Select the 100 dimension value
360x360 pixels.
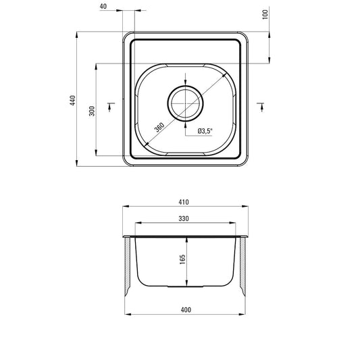[265, 14]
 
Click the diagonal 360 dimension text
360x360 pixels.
[158, 126]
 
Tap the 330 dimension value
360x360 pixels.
[184, 217]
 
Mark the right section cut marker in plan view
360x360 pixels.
[261, 103]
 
